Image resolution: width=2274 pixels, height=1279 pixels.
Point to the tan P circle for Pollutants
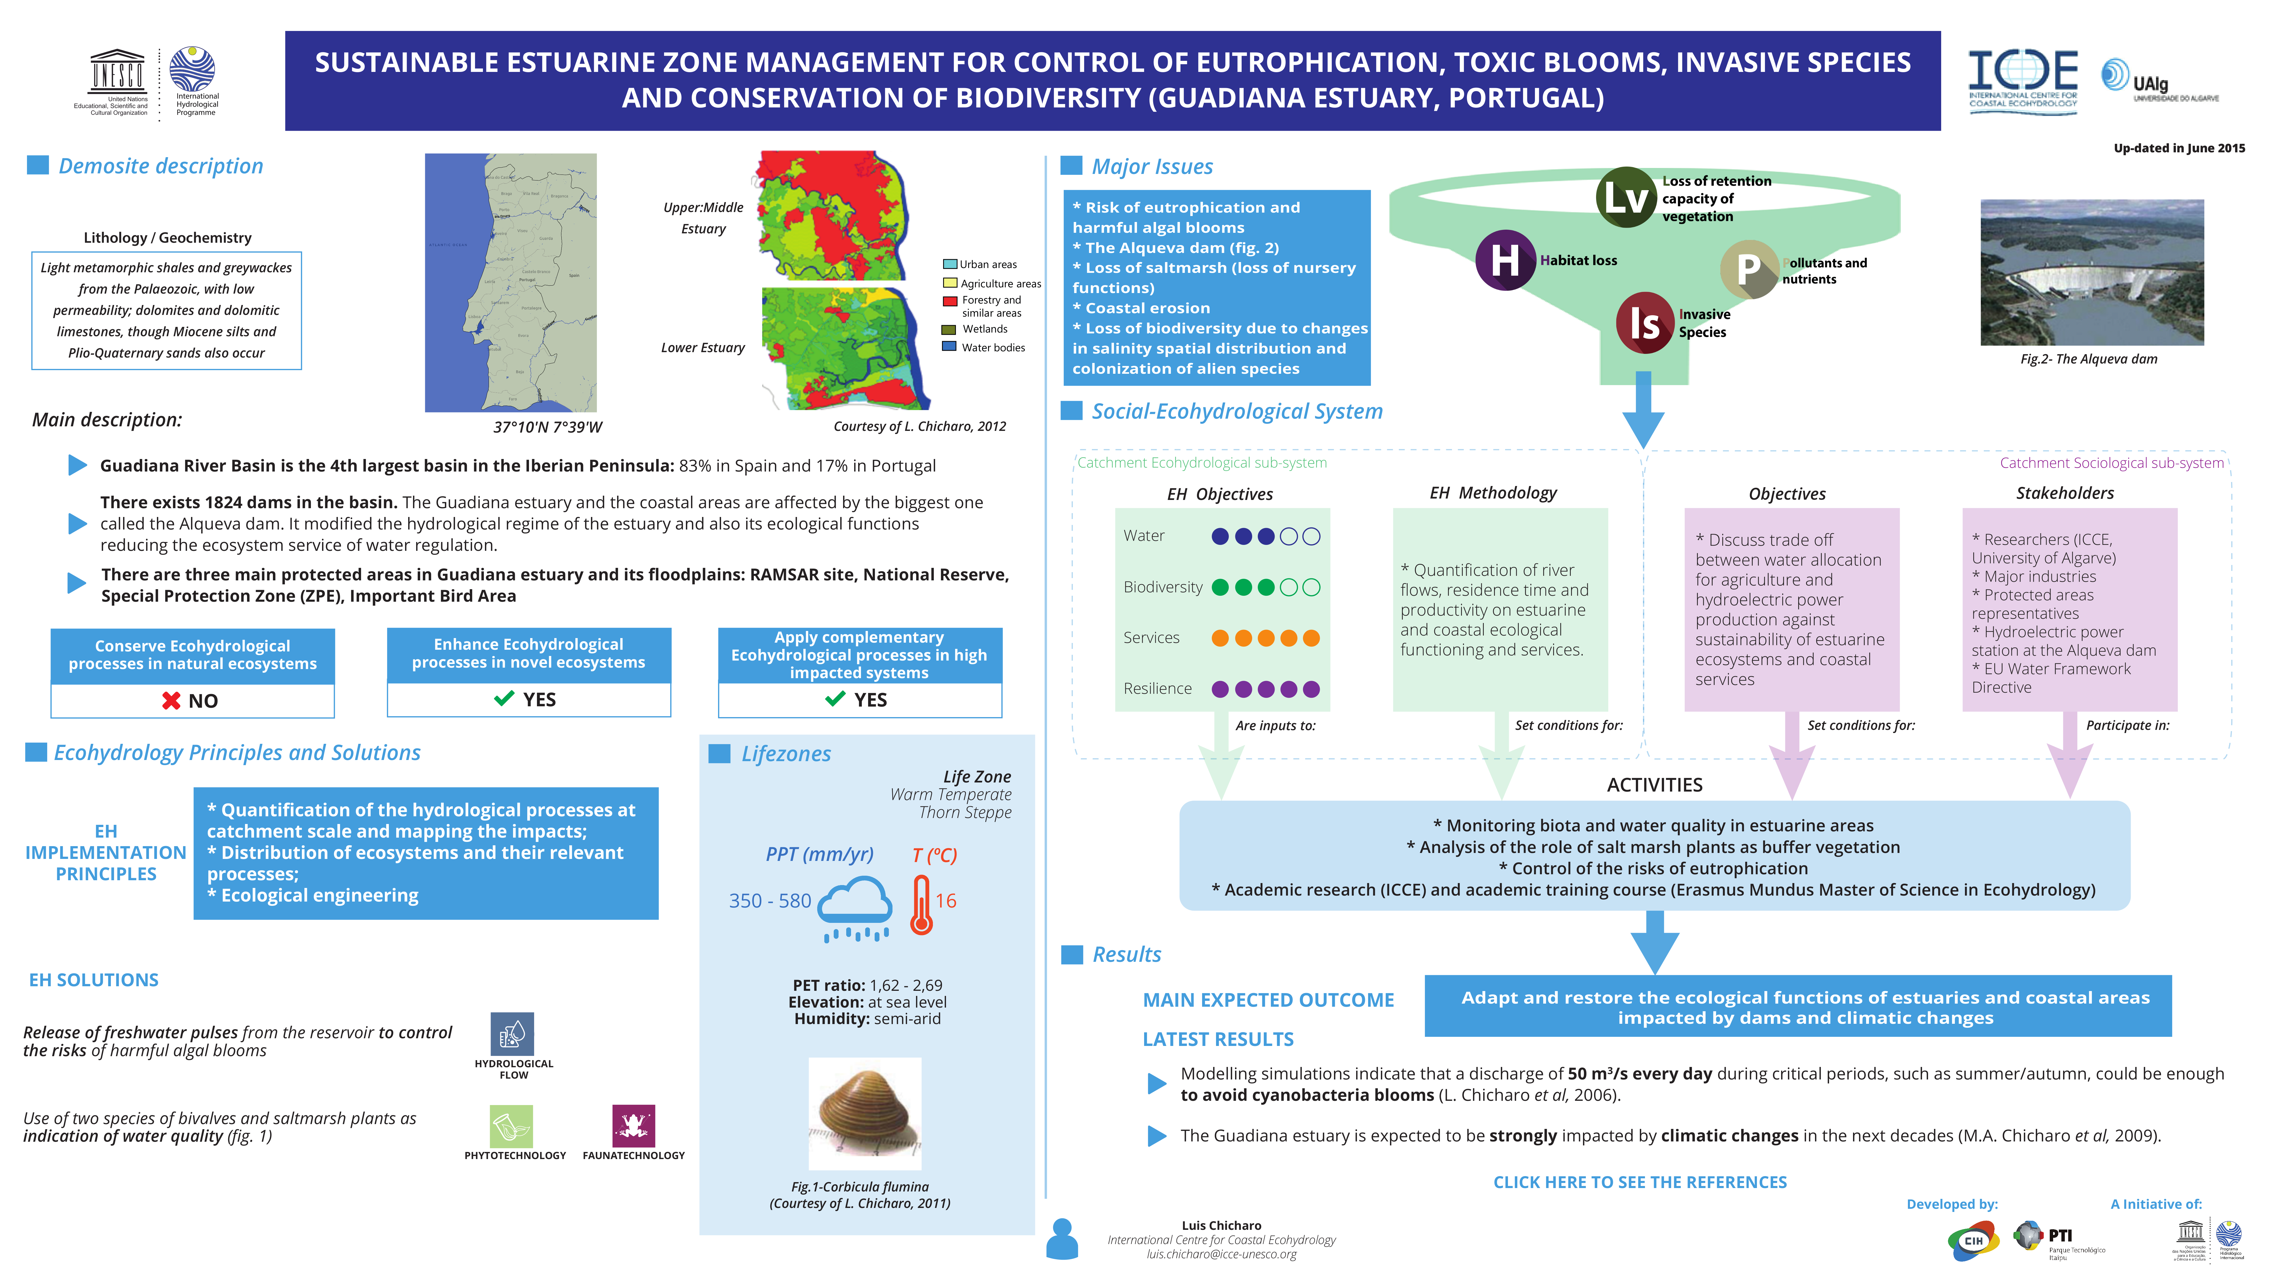point(1748,268)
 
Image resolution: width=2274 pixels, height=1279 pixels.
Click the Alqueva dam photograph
point(2091,272)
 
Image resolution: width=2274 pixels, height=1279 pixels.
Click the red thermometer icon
point(921,905)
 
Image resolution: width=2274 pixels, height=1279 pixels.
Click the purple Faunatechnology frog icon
point(633,1126)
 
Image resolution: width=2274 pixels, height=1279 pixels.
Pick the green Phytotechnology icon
point(511,1126)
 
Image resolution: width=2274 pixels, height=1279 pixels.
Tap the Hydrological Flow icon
point(512,1034)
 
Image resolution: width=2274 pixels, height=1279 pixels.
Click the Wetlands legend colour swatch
point(949,329)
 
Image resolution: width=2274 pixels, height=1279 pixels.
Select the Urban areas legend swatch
point(949,264)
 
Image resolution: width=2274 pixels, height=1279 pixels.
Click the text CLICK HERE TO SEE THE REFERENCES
point(1639,1182)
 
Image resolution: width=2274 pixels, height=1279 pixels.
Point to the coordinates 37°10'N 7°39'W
point(547,427)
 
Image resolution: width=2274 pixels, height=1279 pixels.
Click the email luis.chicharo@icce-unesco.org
point(1221,1254)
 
